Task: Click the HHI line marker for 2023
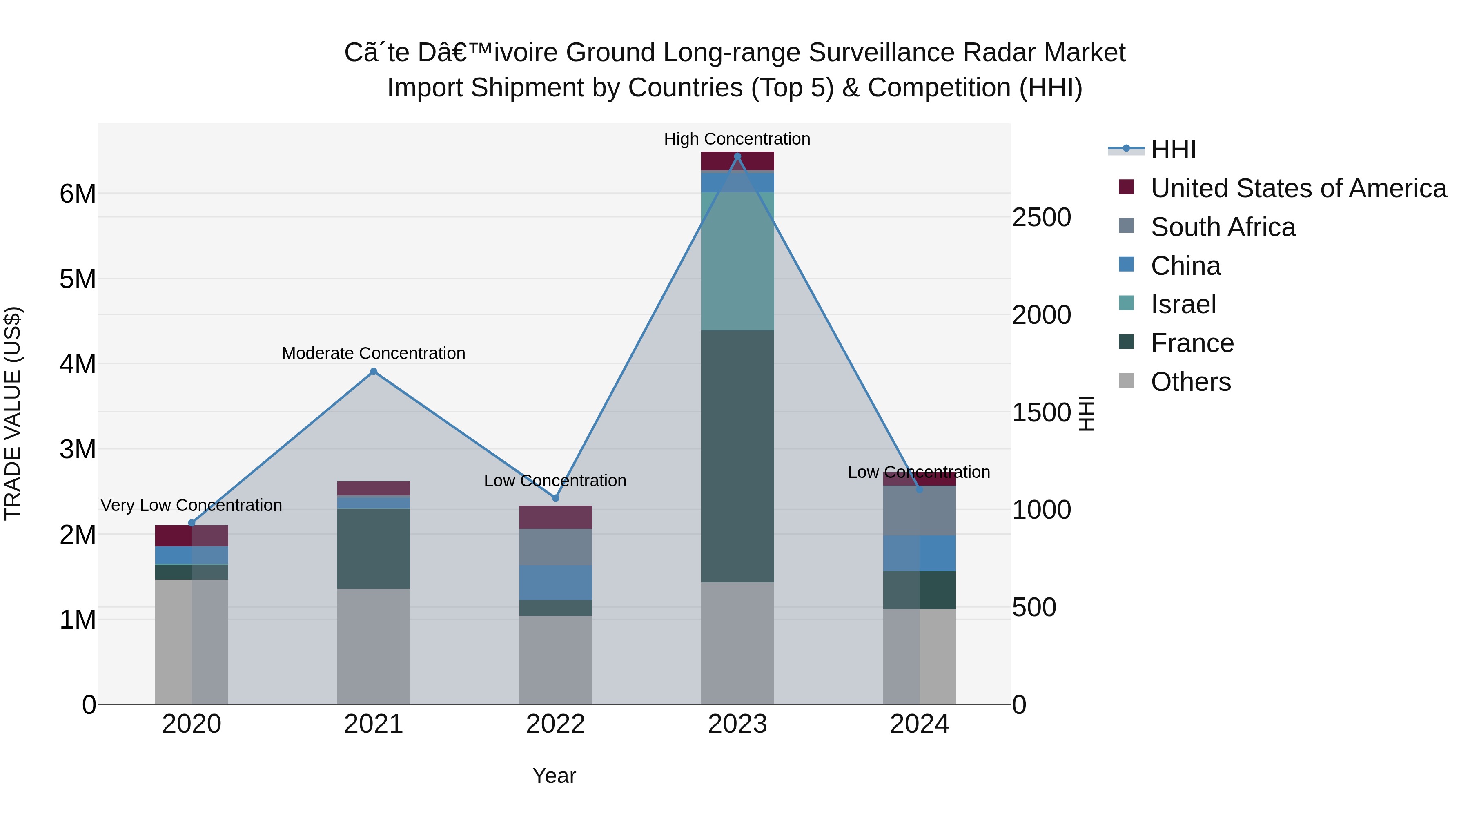[x=737, y=156]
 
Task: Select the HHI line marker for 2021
[x=374, y=372]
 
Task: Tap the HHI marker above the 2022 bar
[x=555, y=498]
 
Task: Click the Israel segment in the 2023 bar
[x=737, y=261]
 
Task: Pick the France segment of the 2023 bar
[x=737, y=457]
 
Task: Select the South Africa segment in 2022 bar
[x=555, y=547]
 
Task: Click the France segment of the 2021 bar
[x=374, y=548]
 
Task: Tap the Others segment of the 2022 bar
[x=555, y=660]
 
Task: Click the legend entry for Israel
[x=1183, y=304]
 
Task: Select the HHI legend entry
[x=1173, y=149]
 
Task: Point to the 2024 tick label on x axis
[x=919, y=724]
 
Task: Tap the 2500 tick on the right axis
[x=1041, y=217]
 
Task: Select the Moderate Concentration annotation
[x=374, y=353]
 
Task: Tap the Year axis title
[x=554, y=776]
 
